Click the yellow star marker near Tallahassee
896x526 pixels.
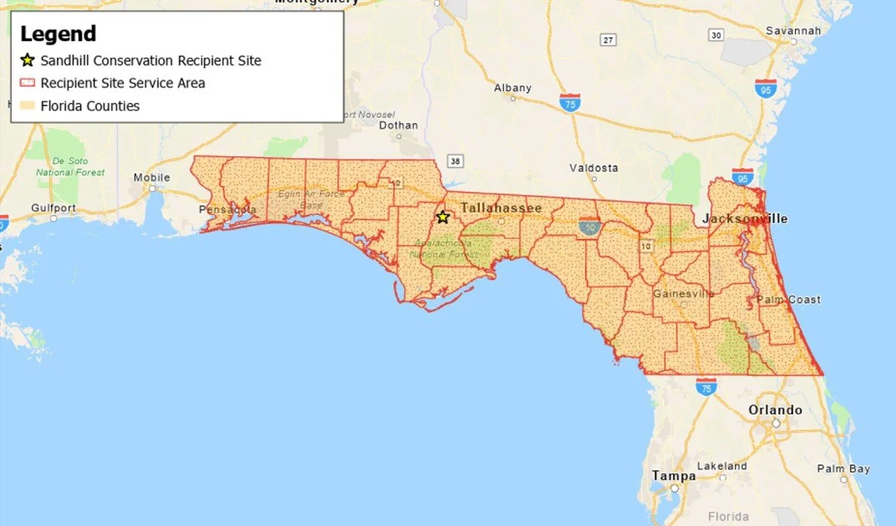click(443, 217)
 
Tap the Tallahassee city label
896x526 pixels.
click(501, 208)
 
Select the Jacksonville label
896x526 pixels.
click(744, 219)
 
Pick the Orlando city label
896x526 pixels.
click(775, 410)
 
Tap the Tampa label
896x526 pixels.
click(669, 475)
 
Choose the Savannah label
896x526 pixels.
click(793, 31)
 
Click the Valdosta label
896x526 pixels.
click(593, 168)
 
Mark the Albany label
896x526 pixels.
click(512, 87)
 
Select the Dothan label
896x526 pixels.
click(398, 125)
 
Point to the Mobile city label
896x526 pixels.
click(152, 177)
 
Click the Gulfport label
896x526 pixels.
click(53, 207)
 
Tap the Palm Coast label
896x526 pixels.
click(788, 299)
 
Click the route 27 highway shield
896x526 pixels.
click(608, 39)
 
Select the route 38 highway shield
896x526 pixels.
click(456, 161)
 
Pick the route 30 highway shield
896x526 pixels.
click(716, 35)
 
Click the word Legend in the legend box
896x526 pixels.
click(58, 34)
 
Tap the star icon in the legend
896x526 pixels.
click(28, 60)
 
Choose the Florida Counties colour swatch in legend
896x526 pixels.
click(28, 106)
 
